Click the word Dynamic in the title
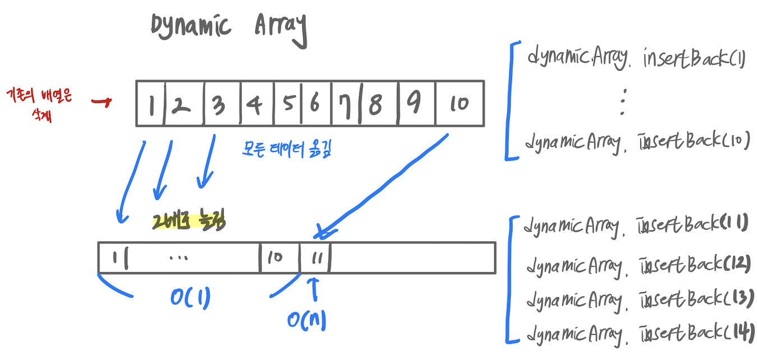(191, 26)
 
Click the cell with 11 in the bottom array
(315, 258)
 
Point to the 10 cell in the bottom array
(275, 258)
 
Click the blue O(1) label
(190, 298)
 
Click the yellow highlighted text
(188, 223)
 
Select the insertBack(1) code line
(636, 58)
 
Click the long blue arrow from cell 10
(387, 182)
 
